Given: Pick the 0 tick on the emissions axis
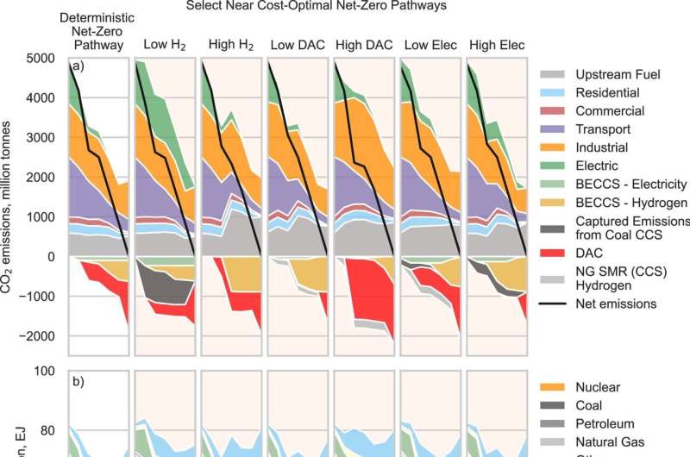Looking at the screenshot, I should click(51, 256).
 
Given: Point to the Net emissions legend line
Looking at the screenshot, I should click(557, 303).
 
